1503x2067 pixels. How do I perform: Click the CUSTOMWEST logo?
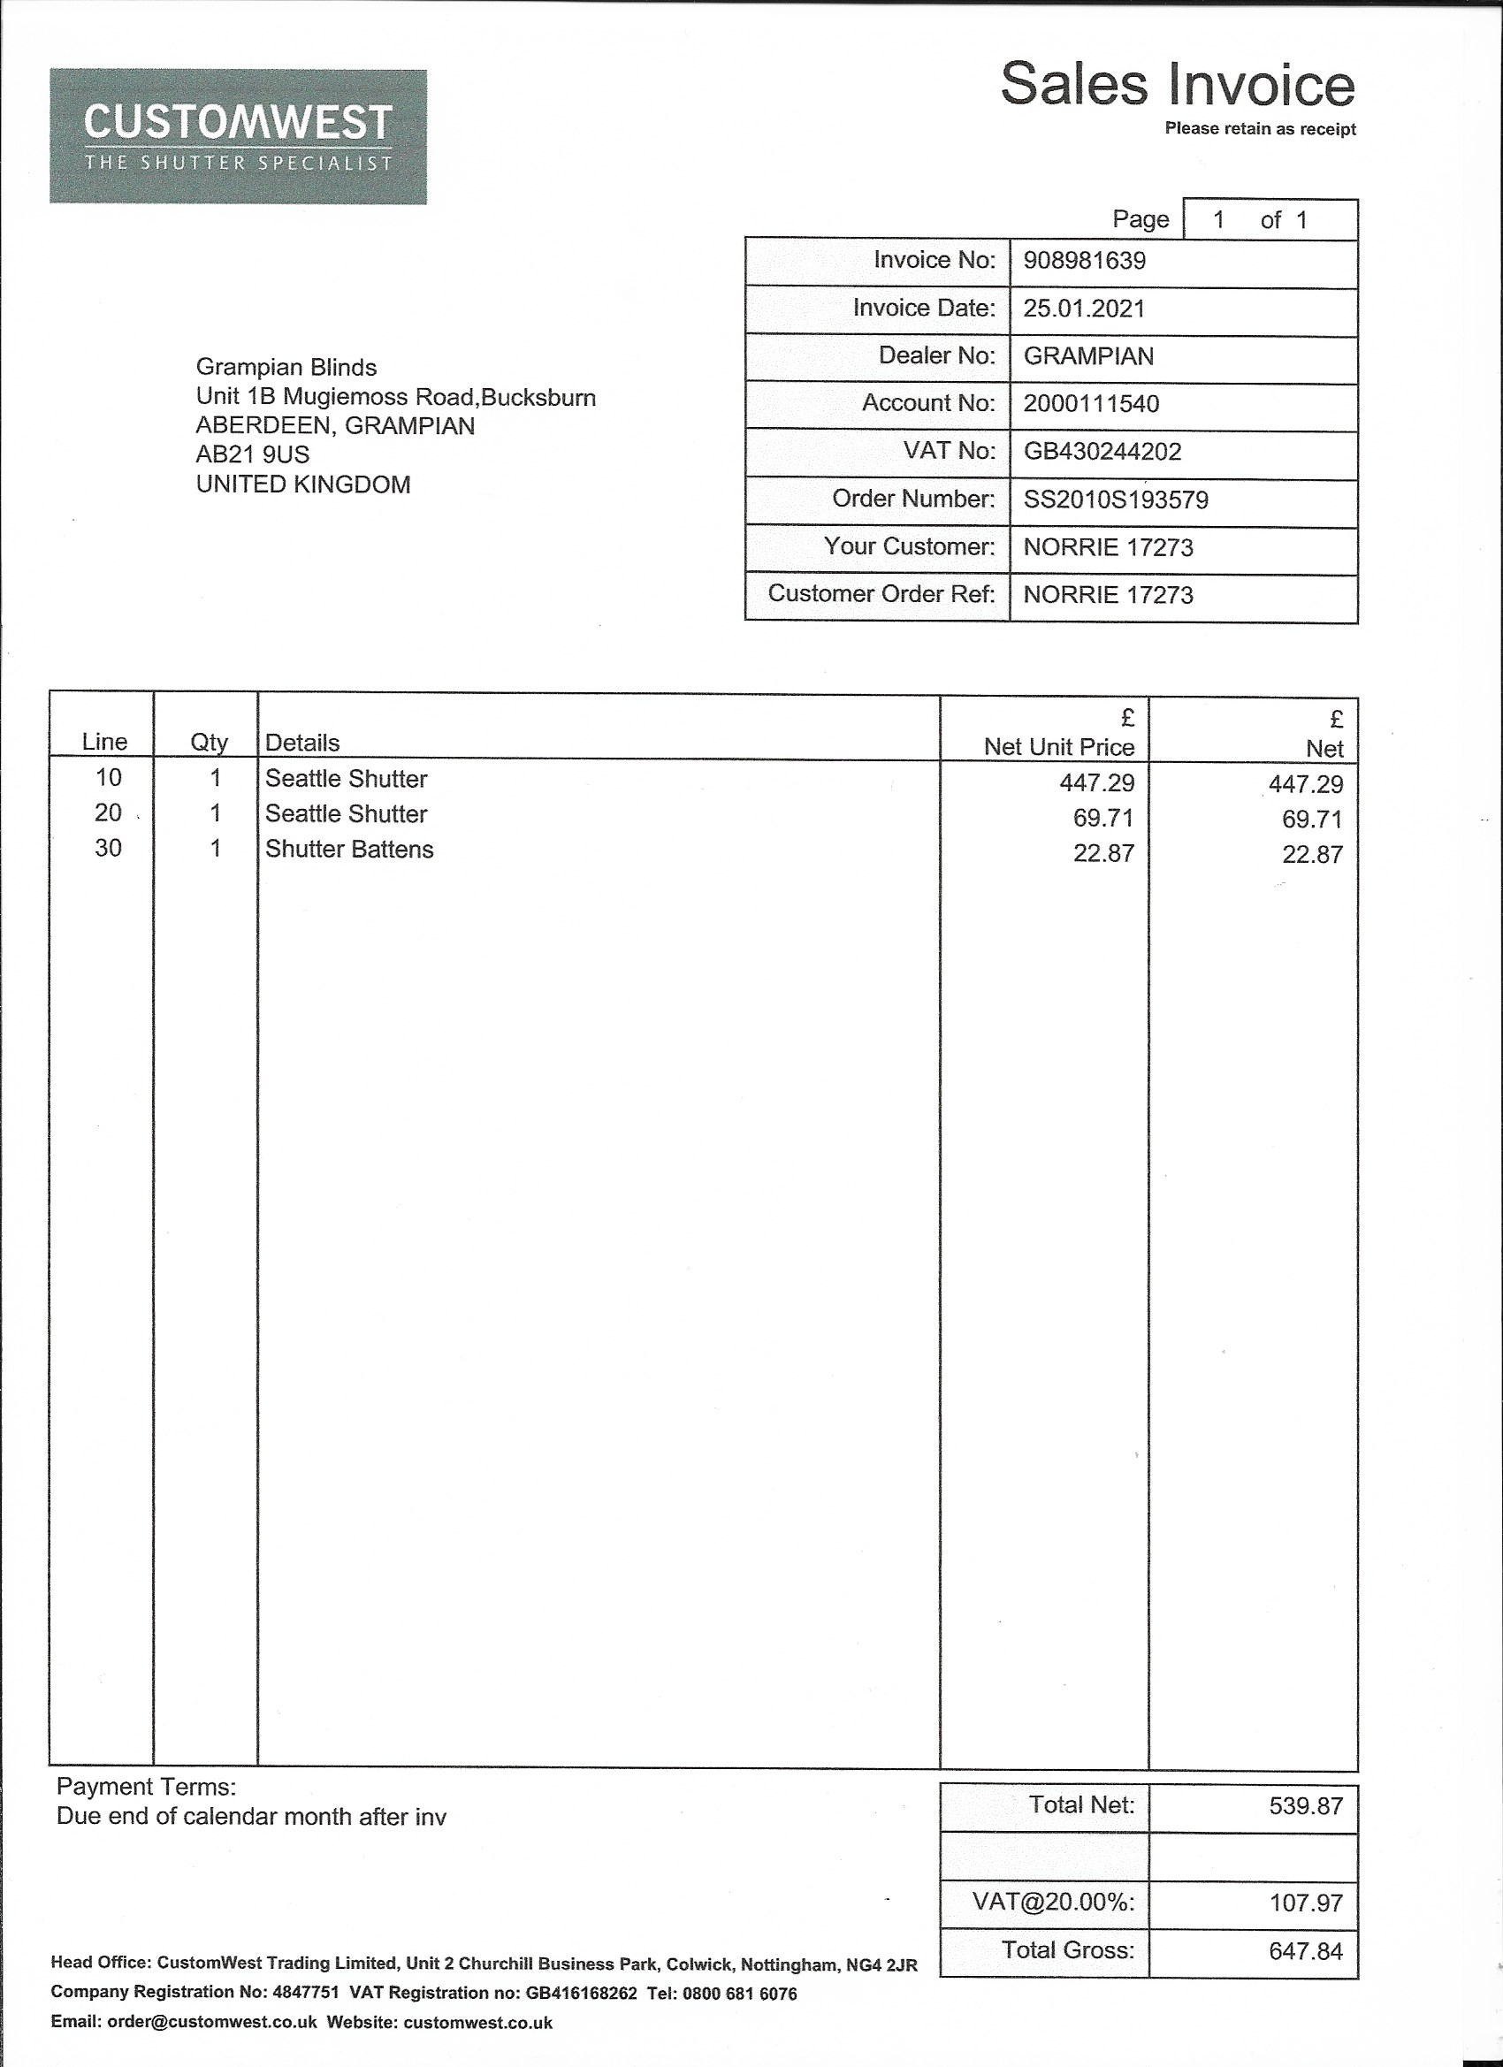coord(238,137)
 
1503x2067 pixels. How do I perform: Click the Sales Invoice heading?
coord(1177,85)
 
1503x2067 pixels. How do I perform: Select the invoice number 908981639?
coord(1084,262)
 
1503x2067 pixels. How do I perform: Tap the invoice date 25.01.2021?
coord(1083,309)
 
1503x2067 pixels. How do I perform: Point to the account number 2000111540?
coord(1090,404)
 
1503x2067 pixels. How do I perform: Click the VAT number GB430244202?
coord(1101,452)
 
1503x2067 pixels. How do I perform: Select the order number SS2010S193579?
coord(1115,500)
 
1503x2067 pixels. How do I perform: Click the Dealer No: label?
coord(936,355)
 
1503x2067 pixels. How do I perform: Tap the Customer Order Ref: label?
coord(881,593)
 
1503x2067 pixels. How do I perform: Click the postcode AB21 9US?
coord(253,454)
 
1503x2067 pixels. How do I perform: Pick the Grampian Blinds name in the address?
coord(286,367)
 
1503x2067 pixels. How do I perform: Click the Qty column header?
coord(209,743)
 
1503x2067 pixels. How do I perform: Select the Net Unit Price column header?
coord(1058,747)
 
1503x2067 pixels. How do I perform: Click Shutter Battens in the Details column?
coord(349,850)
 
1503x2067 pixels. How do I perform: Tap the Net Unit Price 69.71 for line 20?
coord(1102,819)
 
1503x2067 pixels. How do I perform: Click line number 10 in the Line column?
coord(108,777)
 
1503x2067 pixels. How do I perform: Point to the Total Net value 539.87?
coord(1305,1805)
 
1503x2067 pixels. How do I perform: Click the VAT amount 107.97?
coord(1305,1903)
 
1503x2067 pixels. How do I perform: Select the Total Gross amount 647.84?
coord(1305,1950)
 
